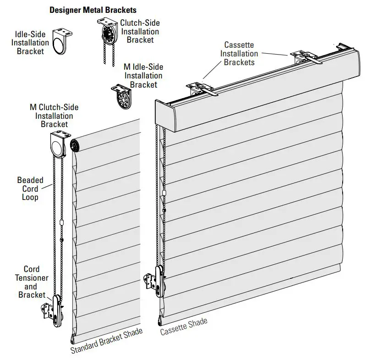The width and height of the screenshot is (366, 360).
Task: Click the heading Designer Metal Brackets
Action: (x=93, y=9)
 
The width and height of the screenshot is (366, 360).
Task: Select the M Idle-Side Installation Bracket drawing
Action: (x=120, y=96)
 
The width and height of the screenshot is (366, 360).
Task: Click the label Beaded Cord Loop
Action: (x=30, y=188)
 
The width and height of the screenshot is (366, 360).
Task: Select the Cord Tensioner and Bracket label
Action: (x=32, y=282)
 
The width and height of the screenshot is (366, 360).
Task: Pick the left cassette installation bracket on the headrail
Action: (x=200, y=89)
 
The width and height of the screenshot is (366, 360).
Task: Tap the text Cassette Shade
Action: (x=183, y=326)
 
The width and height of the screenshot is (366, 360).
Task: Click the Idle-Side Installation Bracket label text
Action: (x=30, y=42)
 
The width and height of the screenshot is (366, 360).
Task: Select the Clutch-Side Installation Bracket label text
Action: (x=140, y=31)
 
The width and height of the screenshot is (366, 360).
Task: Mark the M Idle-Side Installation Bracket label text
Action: (x=143, y=76)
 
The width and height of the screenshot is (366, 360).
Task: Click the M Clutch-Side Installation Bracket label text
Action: (x=54, y=116)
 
